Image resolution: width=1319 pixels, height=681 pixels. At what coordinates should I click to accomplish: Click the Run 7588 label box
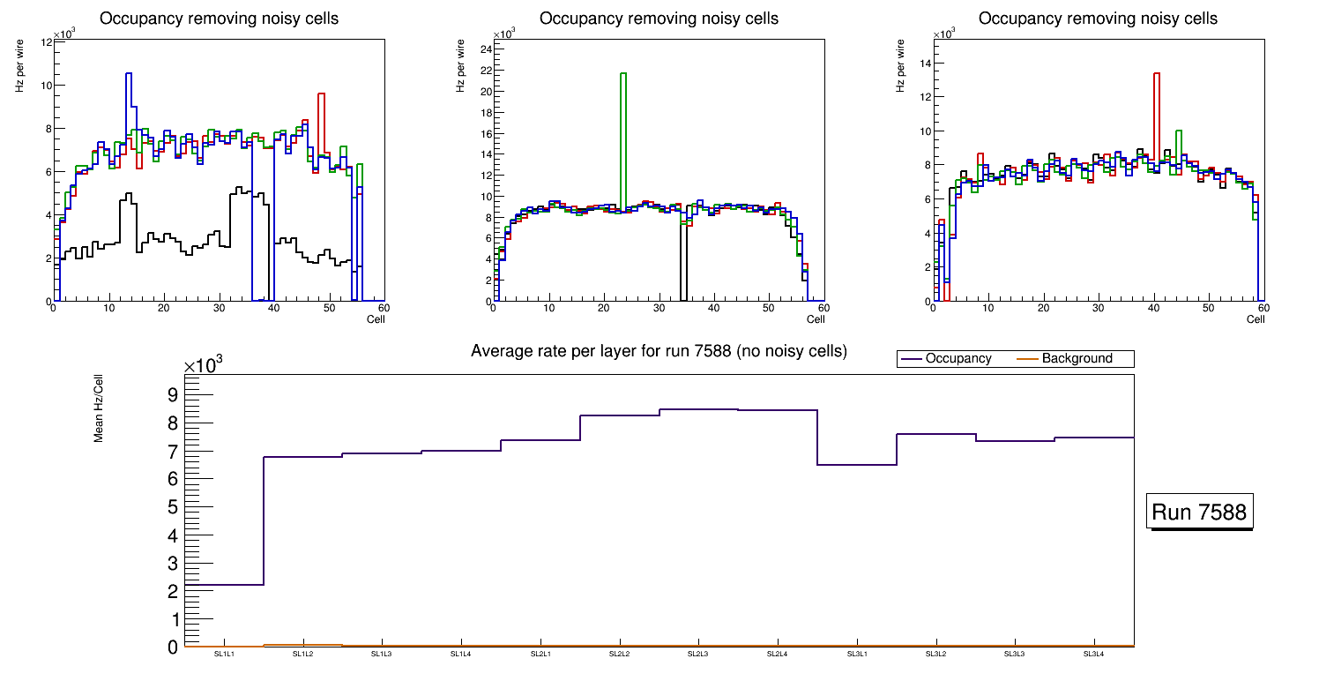[x=1200, y=512]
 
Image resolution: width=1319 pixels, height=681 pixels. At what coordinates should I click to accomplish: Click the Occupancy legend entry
[x=958, y=359]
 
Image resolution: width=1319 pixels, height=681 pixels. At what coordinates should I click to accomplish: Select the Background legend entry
[x=1077, y=359]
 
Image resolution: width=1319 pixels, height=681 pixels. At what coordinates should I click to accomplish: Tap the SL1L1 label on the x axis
[x=225, y=654]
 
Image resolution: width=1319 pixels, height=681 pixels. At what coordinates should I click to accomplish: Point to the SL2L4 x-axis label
[x=777, y=654]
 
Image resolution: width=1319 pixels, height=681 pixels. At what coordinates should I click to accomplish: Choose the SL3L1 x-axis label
[x=856, y=654]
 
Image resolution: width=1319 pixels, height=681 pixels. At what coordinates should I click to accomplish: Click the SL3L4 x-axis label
[x=1093, y=654]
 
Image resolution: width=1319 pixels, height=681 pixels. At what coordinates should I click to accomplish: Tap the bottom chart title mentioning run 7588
[x=659, y=351]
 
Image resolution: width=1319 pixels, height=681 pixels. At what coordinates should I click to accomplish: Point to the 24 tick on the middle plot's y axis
[x=485, y=49]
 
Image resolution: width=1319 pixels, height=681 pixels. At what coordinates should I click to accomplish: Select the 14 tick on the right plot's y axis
[x=925, y=63]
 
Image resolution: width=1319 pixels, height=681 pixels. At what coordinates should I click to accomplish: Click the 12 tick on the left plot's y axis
[x=46, y=42]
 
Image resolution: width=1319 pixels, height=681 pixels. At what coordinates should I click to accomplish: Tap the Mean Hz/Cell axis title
[x=99, y=408]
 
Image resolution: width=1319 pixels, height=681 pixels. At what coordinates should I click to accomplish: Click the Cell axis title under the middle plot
[x=815, y=318]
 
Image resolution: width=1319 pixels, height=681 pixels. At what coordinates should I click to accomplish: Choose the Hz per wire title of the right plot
[x=901, y=67]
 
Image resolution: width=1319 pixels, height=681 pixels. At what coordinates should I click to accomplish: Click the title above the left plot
[x=218, y=19]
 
